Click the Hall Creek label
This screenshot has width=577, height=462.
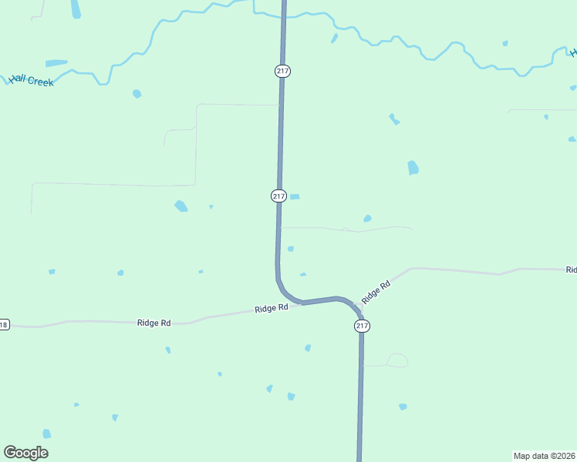(x=32, y=80)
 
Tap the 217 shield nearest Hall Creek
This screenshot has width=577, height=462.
(x=282, y=71)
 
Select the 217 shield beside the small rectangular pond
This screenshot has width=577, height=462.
(x=279, y=196)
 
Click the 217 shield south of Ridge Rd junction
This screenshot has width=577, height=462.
(x=363, y=326)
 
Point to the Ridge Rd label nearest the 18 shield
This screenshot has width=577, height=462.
(x=154, y=323)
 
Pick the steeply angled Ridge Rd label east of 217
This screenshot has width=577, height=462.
(x=376, y=292)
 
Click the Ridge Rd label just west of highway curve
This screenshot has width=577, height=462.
(x=271, y=308)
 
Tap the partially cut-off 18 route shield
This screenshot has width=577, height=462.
(x=4, y=324)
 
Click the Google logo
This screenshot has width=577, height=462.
(x=25, y=453)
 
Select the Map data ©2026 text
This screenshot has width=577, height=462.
(x=544, y=455)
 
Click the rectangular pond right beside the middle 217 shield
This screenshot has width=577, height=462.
(x=295, y=196)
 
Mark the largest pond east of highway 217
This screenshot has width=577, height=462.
(x=413, y=167)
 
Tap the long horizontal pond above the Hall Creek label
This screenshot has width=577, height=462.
(x=56, y=63)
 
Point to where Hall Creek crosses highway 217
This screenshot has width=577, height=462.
(x=283, y=14)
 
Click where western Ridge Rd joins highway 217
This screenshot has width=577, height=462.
(x=300, y=303)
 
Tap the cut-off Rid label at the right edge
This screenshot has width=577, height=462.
(x=571, y=270)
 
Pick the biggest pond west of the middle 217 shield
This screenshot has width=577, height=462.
(x=181, y=206)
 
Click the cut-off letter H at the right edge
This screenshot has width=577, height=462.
(x=573, y=52)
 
